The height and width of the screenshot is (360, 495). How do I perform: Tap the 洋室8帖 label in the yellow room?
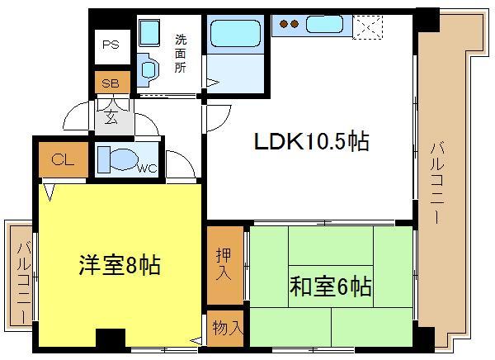[x=120, y=267]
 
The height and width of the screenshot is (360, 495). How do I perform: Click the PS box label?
[x=110, y=46]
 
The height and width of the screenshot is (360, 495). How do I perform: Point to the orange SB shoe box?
[x=110, y=83]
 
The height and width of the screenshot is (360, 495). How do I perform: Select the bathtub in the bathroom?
[x=234, y=35]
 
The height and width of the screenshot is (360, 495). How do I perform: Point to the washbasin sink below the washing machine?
[x=149, y=69]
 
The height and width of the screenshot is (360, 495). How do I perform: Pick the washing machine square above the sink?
[x=149, y=33]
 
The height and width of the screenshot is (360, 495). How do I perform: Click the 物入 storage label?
[x=224, y=327]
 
